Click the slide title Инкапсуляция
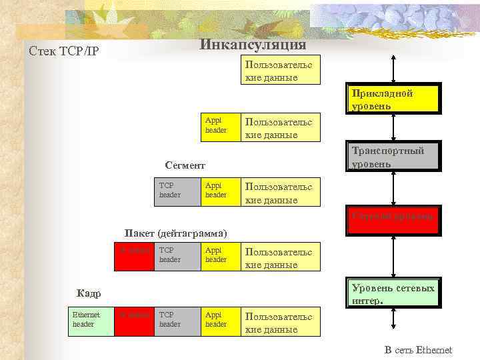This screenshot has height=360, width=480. (x=253, y=45)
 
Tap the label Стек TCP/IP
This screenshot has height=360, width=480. (x=64, y=51)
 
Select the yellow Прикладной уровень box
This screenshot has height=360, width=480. (x=393, y=99)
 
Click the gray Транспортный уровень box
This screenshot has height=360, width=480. (x=393, y=157)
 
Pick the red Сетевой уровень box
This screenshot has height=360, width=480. (x=393, y=217)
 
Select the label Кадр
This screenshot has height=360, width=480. (x=89, y=293)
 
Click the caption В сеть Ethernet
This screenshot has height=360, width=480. (x=418, y=349)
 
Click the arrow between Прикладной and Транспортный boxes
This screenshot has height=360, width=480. (x=394, y=127)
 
